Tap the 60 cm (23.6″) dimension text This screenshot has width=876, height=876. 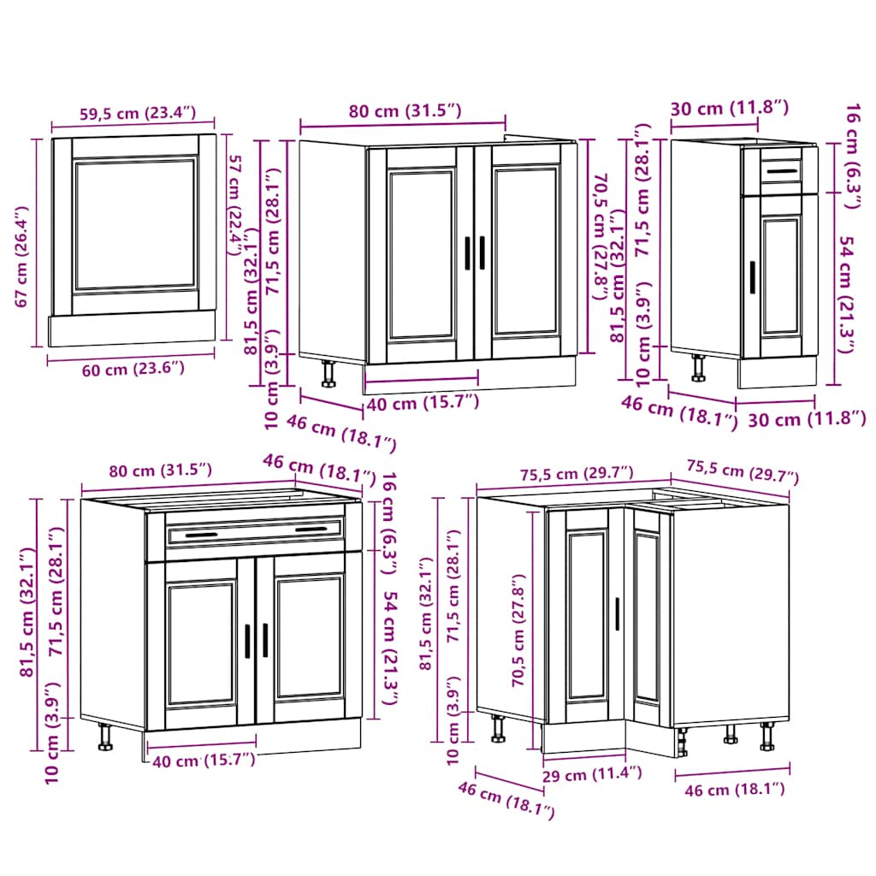coord(117,369)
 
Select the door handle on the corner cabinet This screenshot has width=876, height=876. coord(616,614)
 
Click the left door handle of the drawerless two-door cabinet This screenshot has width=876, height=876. coord(467,253)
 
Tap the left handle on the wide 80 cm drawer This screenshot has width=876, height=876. coord(196,536)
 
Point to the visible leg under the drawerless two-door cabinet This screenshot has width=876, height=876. coord(328,374)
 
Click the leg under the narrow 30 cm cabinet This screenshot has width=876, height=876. coord(699,367)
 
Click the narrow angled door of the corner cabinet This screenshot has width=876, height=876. coord(647,617)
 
